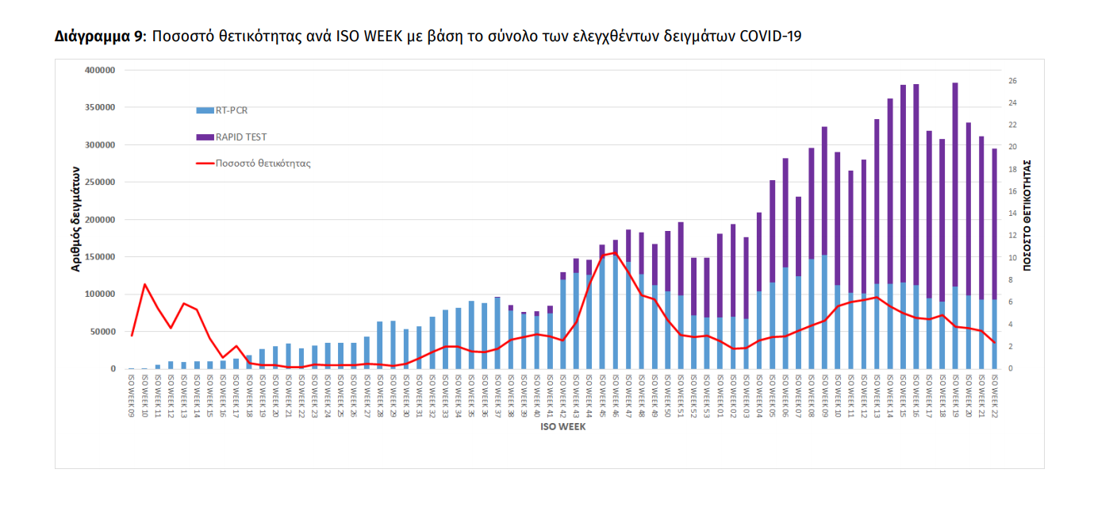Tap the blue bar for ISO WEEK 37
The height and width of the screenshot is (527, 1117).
click(x=497, y=333)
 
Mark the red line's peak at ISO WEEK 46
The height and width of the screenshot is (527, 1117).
click(x=615, y=253)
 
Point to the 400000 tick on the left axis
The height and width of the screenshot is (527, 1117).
click(x=100, y=71)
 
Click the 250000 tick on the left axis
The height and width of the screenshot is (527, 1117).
click(x=100, y=183)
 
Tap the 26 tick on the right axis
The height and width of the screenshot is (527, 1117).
click(x=1013, y=81)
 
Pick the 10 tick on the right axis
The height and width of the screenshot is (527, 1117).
click(x=1013, y=258)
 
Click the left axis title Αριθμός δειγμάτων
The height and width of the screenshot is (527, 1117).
click(x=77, y=219)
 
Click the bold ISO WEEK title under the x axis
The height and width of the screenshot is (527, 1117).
click(x=563, y=427)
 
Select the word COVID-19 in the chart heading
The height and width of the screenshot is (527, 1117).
click(x=770, y=37)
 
